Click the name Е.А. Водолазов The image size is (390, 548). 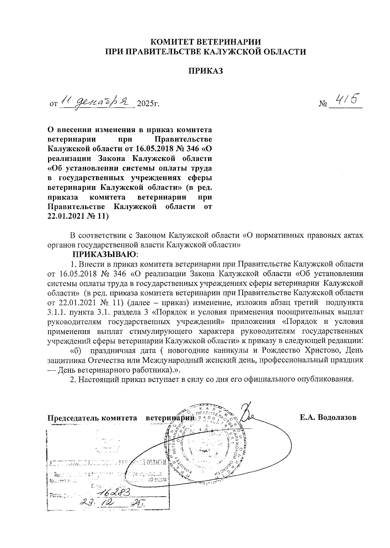[x=328, y=417]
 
